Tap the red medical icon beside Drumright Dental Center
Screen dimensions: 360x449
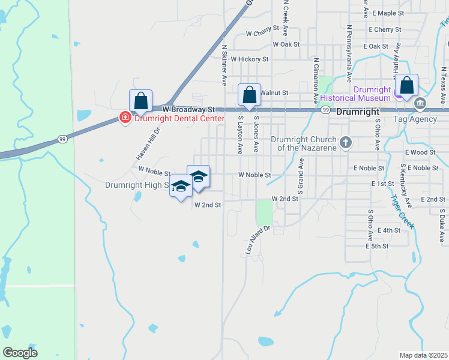pos(125,118)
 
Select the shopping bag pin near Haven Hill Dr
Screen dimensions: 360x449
pos(140,101)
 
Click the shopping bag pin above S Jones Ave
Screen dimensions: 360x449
pos(249,95)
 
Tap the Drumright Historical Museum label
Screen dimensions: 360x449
pos(355,93)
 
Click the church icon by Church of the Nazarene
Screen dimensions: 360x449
pos(345,142)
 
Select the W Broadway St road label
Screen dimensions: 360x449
pos(188,110)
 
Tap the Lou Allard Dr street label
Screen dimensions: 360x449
pos(259,240)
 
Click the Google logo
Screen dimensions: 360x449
pos(20,352)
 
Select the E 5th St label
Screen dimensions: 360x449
pos(378,246)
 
